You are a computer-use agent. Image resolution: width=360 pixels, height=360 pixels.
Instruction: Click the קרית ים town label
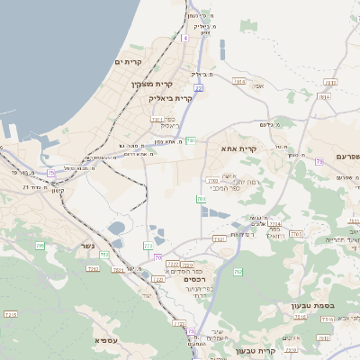[130, 60]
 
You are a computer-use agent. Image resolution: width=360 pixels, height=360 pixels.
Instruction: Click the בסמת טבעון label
[312, 306]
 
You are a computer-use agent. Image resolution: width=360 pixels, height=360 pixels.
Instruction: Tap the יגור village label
[147, 295]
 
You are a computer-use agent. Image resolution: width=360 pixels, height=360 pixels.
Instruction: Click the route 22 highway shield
[198, 87]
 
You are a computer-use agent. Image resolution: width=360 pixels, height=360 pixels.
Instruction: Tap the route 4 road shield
[185, 38]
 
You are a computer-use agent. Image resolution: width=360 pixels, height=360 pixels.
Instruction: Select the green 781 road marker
[190, 140]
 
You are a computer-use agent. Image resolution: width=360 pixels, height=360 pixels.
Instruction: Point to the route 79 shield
[319, 162]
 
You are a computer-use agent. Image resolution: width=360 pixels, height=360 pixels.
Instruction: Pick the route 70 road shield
[157, 257]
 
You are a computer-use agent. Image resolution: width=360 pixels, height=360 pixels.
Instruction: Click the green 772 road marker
[148, 245]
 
